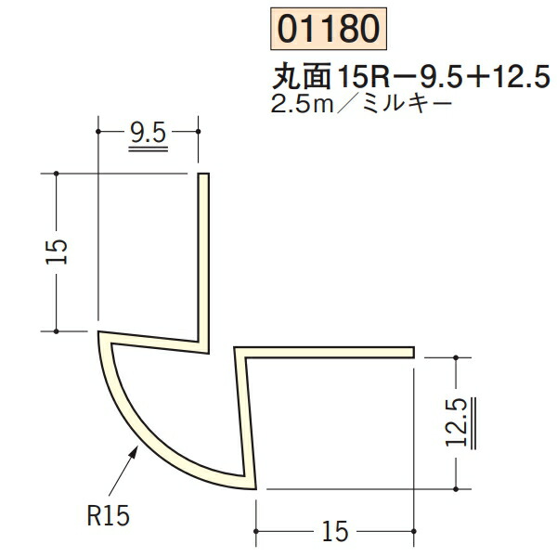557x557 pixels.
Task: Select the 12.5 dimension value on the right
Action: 455,422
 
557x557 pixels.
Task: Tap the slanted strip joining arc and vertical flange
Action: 153,340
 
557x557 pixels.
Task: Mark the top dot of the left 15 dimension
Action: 57,174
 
